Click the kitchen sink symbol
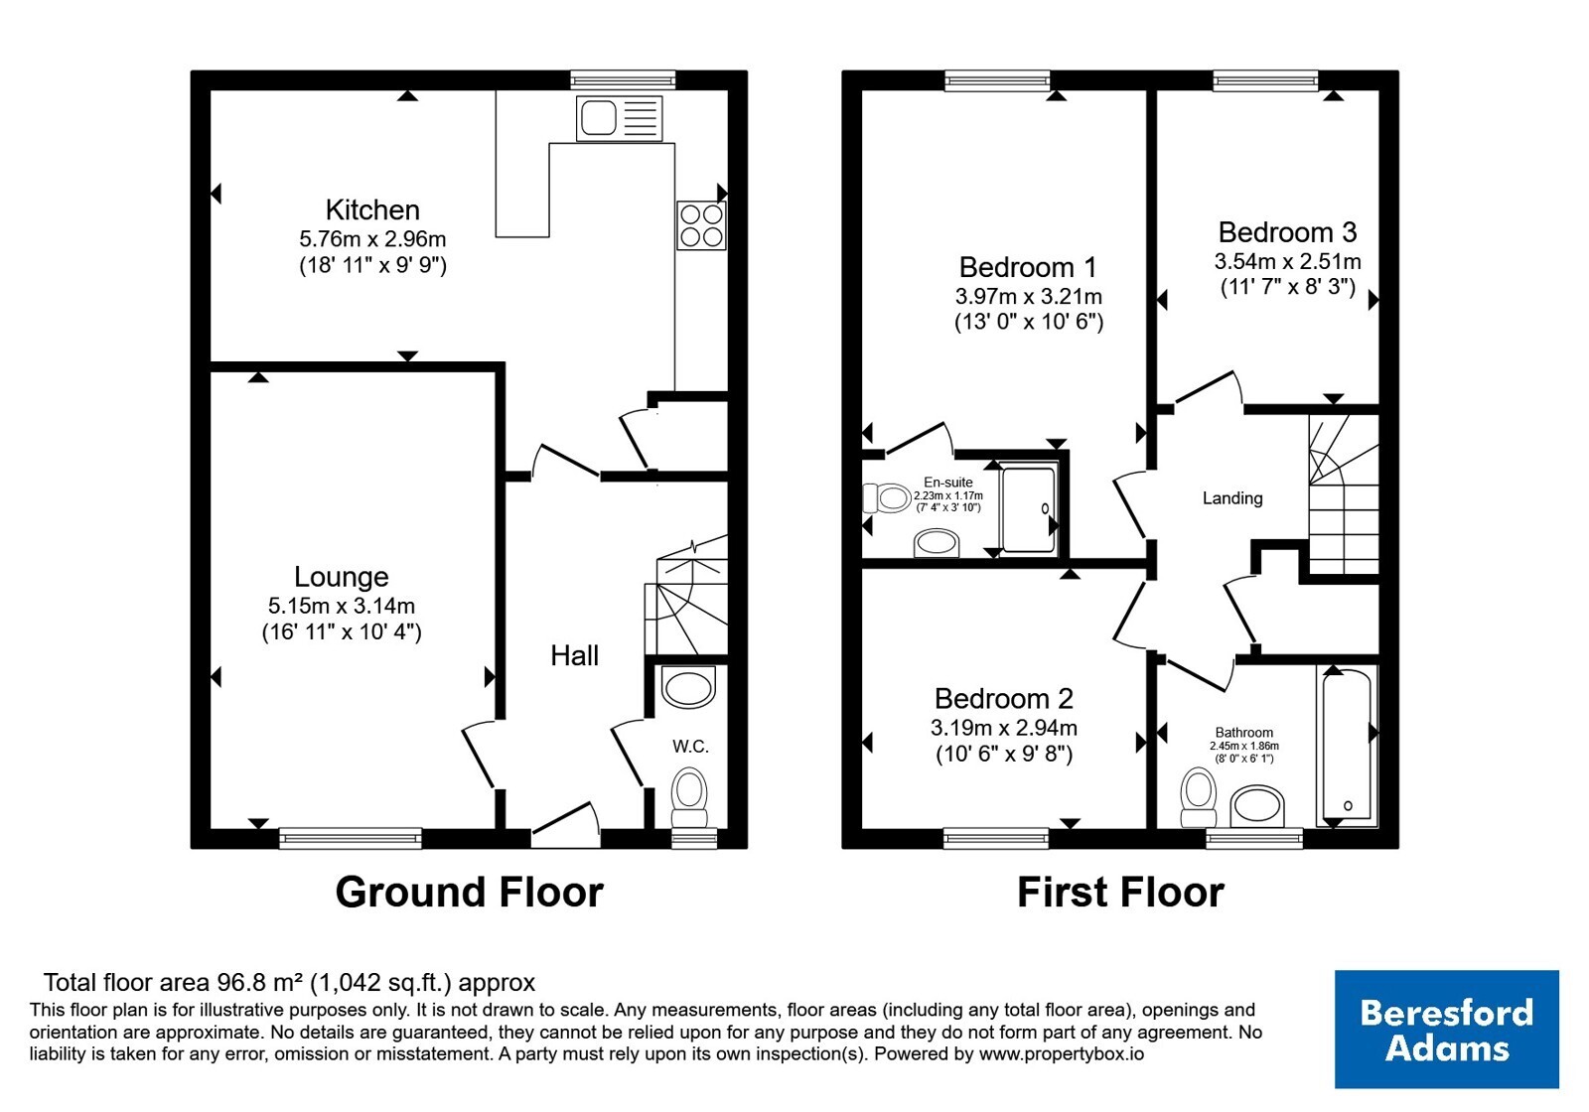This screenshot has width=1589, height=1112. pos(620,118)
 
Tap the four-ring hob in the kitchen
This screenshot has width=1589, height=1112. pos(701,225)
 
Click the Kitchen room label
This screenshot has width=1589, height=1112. pos(372,209)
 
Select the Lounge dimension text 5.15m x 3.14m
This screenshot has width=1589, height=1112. pos(342,606)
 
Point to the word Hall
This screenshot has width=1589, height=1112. pos(575,656)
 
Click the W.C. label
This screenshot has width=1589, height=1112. pos(690,746)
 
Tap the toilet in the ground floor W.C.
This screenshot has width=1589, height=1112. pos(689,797)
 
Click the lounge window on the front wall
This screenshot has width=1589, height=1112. pos(351,838)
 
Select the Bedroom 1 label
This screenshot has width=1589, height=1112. pos(1028,267)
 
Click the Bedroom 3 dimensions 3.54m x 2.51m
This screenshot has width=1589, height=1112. pos(1287,262)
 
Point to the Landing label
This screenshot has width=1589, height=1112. pos(1232,498)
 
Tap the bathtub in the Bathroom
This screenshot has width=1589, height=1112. pos(1347,746)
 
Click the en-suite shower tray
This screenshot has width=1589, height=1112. pos(1029,508)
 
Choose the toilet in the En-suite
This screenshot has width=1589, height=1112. pos(887,497)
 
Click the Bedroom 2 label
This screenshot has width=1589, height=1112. pos(1004,699)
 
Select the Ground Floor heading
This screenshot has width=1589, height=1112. pos(469,893)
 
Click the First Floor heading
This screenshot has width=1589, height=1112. pos(1121,893)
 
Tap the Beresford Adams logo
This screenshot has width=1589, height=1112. pos(1447,1029)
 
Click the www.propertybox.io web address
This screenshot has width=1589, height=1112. pos(1062,1053)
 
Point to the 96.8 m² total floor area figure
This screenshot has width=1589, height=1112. pos(259,982)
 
